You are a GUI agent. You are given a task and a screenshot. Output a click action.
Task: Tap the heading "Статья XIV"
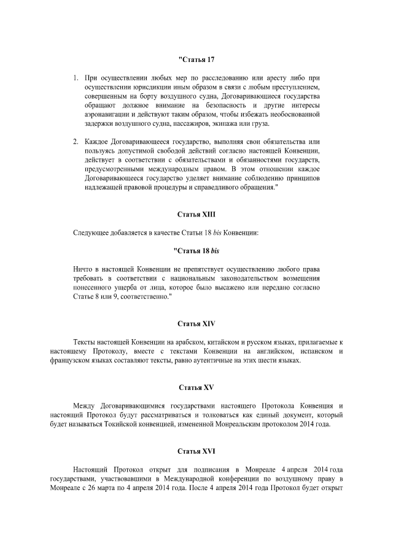point(196,323)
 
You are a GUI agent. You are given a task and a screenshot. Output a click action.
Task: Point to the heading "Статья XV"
point(196,388)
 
